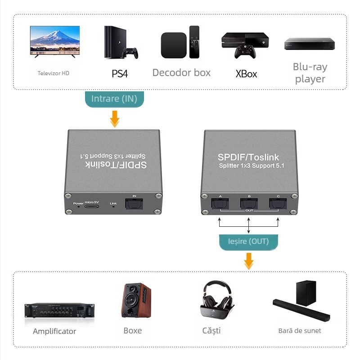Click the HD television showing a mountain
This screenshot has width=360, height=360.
click(x=54, y=41)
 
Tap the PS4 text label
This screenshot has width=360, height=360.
click(x=120, y=73)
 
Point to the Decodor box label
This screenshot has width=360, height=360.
click(x=181, y=72)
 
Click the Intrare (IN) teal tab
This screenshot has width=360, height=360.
click(x=114, y=99)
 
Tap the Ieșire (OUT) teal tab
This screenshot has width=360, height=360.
click(x=249, y=241)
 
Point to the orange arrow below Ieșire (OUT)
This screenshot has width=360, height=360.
click(x=248, y=260)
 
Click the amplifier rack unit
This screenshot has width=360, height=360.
click(x=60, y=310)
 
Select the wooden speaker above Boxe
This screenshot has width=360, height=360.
click(x=136, y=301)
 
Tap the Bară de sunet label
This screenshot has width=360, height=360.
click(x=300, y=331)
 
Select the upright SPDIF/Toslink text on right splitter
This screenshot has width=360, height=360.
click(x=248, y=157)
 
